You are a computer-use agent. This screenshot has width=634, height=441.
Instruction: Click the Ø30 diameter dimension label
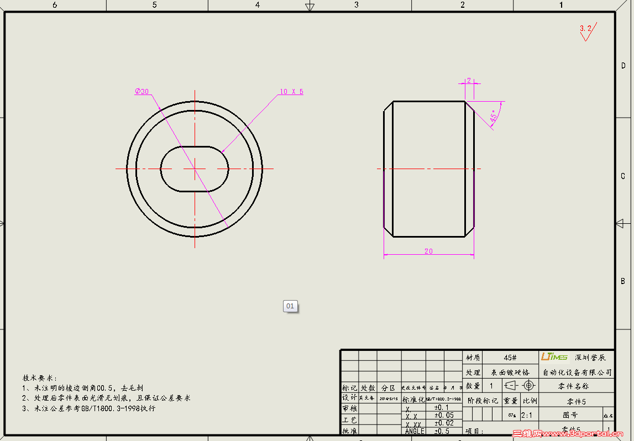[x=142, y=91]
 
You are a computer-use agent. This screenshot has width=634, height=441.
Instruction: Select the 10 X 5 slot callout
[x=291, y=92]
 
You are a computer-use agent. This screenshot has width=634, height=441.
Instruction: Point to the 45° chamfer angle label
[x=493, y=116]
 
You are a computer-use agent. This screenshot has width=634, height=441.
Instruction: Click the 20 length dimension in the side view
[x=428, y=251]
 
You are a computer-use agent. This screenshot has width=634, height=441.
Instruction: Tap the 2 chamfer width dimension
[x=469, y=80]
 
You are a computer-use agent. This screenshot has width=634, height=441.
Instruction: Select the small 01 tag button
[x=290, y=306]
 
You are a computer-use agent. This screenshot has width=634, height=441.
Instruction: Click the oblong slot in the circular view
[x=195, y=169]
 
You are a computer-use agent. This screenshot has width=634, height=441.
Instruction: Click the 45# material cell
[x=510, y=358]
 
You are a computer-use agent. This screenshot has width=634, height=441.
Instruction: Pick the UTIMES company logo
[x=554, y=357]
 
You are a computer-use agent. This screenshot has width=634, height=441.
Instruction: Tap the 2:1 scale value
[x=527, y=414]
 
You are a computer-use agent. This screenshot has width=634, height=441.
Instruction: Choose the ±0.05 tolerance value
[x=444, y=415]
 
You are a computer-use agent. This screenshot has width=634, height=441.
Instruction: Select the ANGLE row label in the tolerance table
[x=415, y=431]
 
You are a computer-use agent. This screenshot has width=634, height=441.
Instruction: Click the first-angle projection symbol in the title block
[x=520, y=385]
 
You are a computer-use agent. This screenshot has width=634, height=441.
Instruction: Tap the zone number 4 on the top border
[x=257, y=5]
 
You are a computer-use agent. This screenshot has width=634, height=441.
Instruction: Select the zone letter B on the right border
[x=623, y=281]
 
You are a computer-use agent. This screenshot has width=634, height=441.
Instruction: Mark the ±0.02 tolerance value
[x=444, y=423]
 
